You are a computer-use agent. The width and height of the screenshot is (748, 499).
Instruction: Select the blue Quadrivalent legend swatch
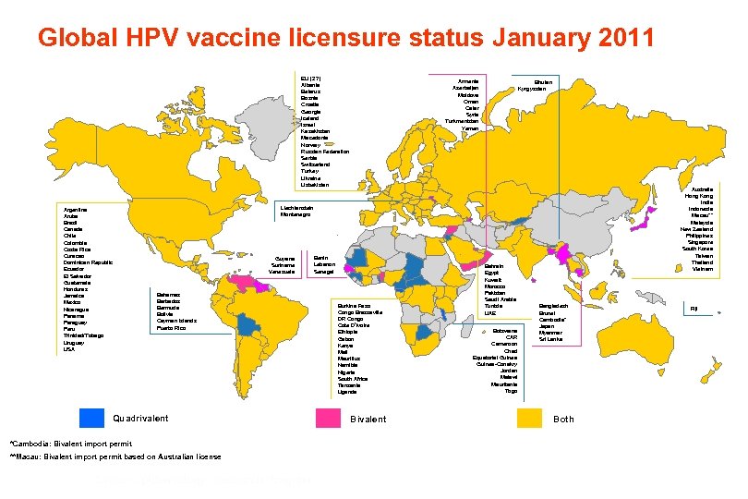pyautogui.click(x=92, y=418)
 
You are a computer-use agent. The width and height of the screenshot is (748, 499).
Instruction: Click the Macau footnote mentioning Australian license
pyautogui.click(x=115, y=456)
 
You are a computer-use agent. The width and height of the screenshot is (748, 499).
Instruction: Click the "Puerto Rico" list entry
pyautogui.click(x=172, y=328)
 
